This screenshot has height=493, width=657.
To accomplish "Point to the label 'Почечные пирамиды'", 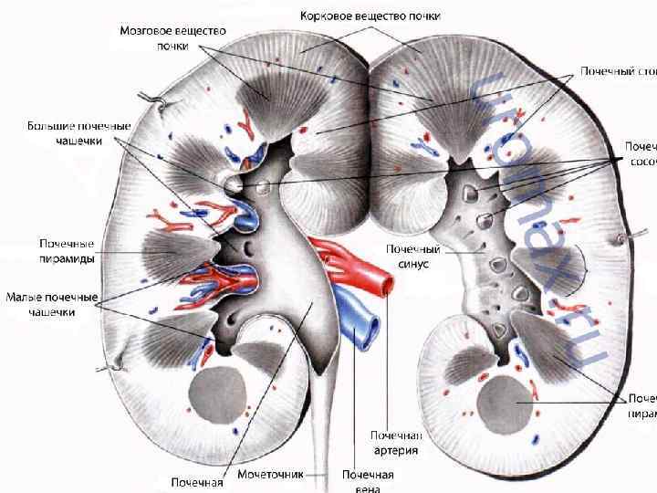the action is click(x=67, y=251).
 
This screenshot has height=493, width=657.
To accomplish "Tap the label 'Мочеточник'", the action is click(x=269, y=475).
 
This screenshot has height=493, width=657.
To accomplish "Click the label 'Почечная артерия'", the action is click(x=395, y=443).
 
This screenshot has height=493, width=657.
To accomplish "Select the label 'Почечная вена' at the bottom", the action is click(x=368, y=480).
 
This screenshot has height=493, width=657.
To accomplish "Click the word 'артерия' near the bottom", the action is click(x=395, y=449).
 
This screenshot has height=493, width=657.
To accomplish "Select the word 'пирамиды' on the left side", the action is click(x=67, y=258).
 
